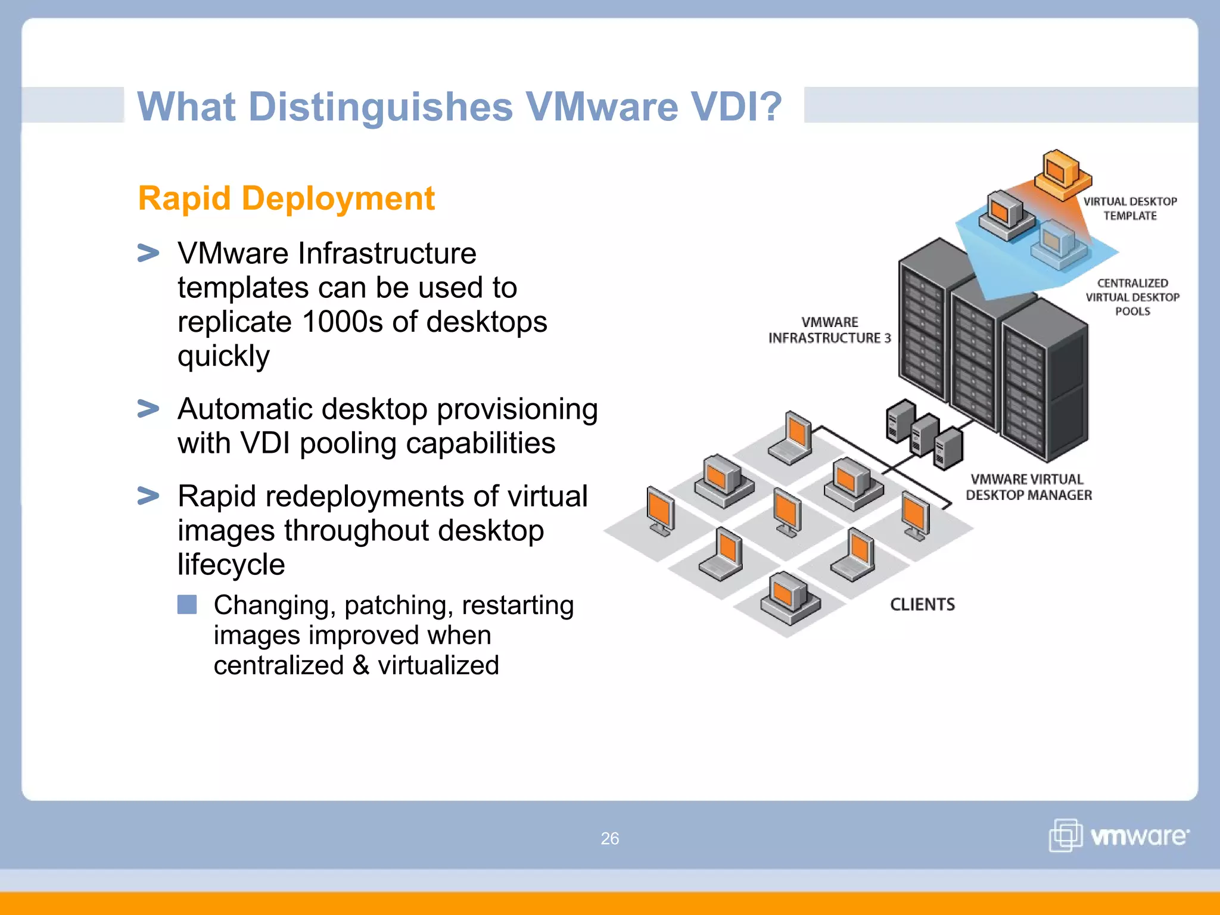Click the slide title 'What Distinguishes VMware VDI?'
pyautogui.click(x=459, y=107)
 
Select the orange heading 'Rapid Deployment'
pyautogui.click(x=286, y=198)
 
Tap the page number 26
pyautogui.click(x=609, y=838)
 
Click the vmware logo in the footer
pyautogui.click(x=1119, y=836)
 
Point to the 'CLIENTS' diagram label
pyautogui.click(x=922, y=605)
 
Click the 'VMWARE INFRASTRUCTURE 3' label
pyautogui.click(x=829, y=330)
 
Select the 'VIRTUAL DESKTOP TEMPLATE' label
pyautogui.click(x=1129, y=208)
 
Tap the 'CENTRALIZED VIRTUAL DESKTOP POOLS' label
pyautogui.click(x=1132, y=297)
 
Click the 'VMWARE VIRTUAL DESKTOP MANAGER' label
pyautogui.click(x=1028, y=487)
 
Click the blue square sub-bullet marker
pyautogui.click(x=187, y=605)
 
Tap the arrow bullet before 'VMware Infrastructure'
pyautogui.click(x=148, y=253)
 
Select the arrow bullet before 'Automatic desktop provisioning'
pyautogui.click(x=148, y=409)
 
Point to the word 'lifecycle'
pyautogui.click(x=231, y=564)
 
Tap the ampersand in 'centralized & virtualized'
pyautogui.click(x=361, y=665)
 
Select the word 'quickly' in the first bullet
pyautogui.click(x=223, y=357)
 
